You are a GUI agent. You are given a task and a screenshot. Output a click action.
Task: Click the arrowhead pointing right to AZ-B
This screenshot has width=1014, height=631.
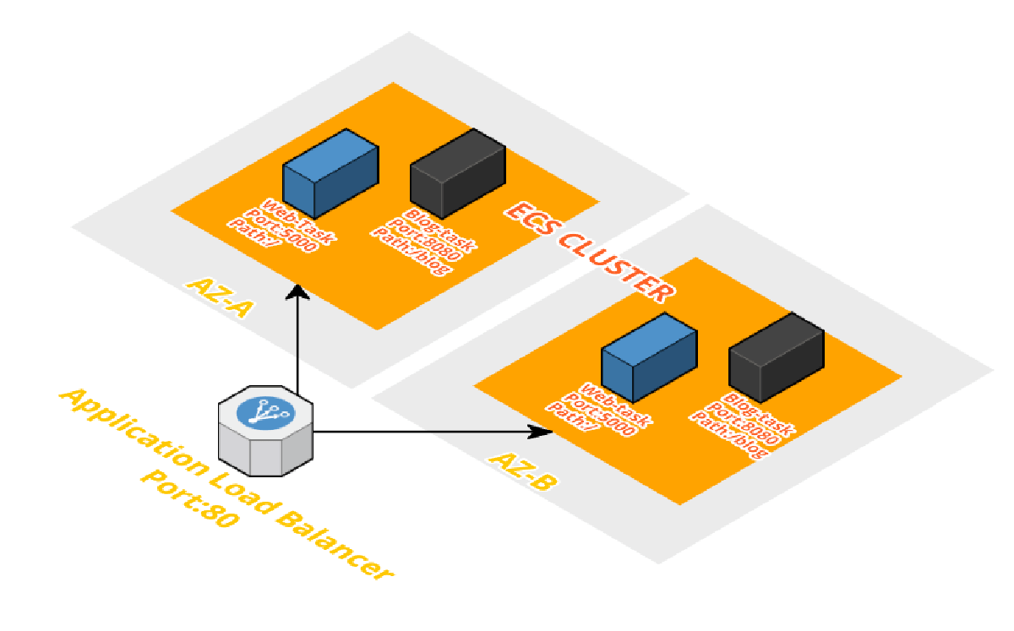(x=541, y=432)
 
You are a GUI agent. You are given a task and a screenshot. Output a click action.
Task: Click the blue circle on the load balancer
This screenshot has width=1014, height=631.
(x=264, y=411)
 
